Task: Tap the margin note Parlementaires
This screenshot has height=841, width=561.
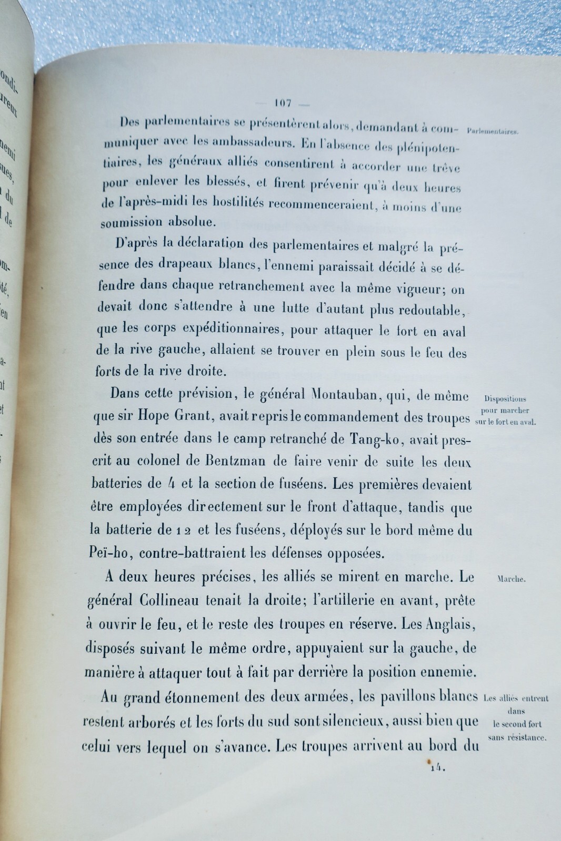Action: (493, 132)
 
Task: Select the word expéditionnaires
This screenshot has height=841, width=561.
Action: (234, 329)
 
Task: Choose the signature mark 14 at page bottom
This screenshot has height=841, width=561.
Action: (437, 768)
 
